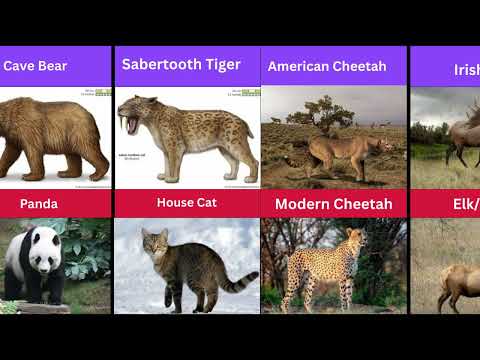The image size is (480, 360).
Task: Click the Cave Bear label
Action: (x=35, y=66)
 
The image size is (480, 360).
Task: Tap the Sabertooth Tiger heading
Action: (x=181, y=64)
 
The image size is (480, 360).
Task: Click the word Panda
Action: (x=38, y=204)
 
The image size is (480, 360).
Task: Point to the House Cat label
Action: (x=187, y=202)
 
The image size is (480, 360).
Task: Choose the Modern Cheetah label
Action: (x=334, y=204)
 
